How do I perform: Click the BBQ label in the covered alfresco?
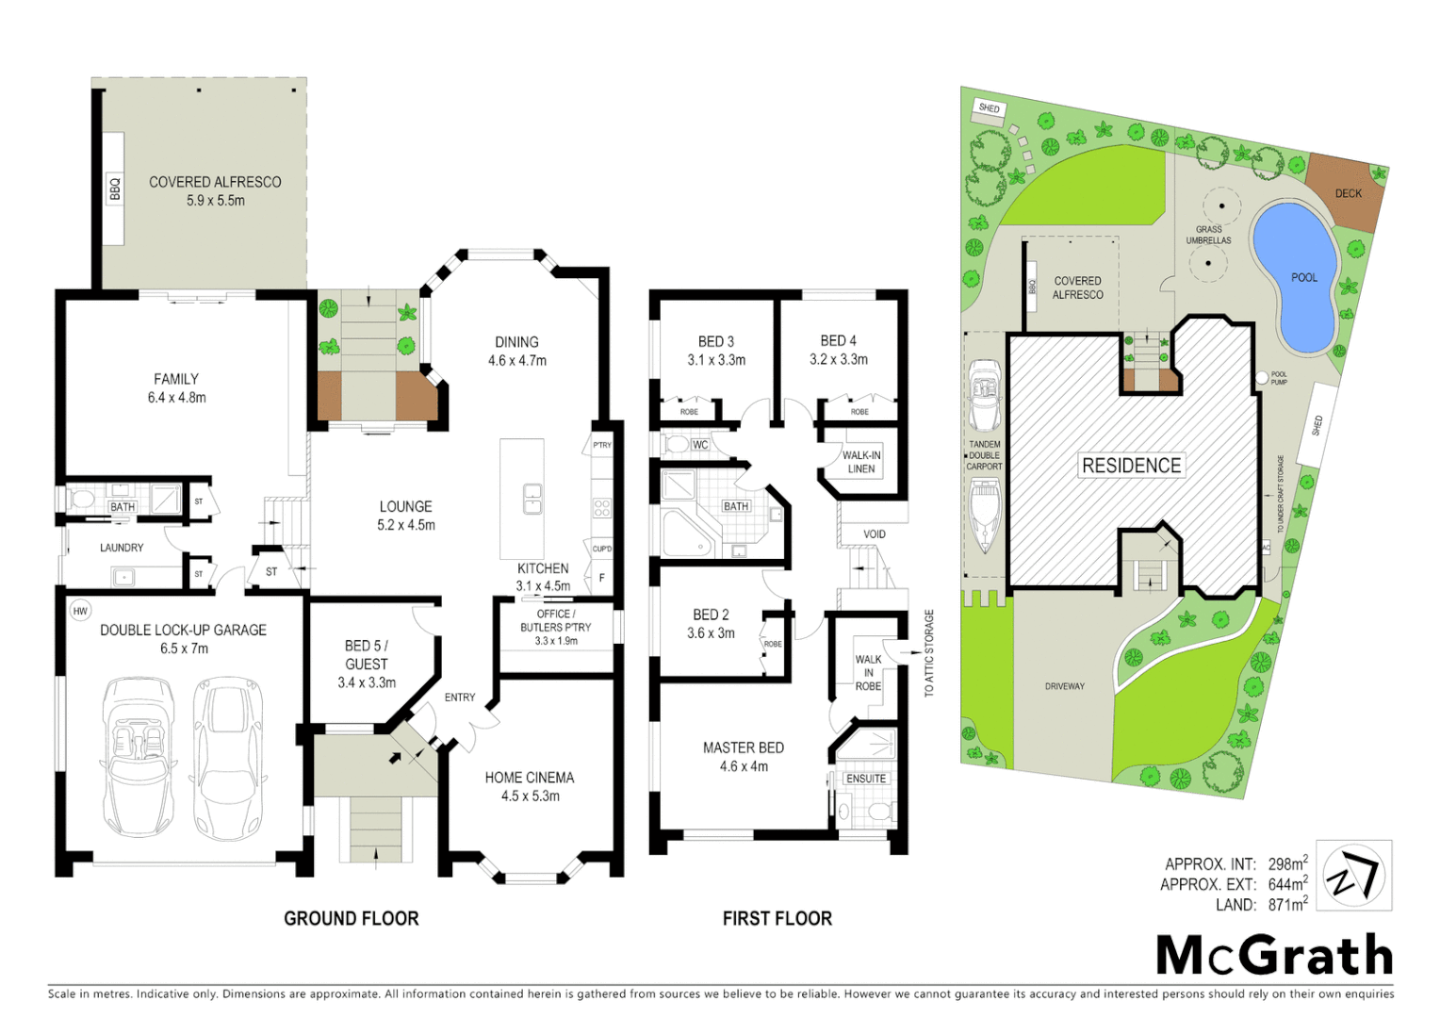click(x=115, y=189)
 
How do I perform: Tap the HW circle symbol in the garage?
click(x=80, y=611)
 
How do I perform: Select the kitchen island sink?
click(x=532, y=498)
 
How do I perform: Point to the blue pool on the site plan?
click(x=1297, y=273)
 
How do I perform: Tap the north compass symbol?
click(x=1353, y=875)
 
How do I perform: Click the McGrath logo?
click(x=1274, y=956)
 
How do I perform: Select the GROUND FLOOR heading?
click(x=351, y=918)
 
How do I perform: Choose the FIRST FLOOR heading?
click(x=777, y=918)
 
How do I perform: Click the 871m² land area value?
click(x=1287, y=905)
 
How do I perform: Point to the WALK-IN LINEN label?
click(x=861, y=462)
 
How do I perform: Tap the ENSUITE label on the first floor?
click(x=865, y=779)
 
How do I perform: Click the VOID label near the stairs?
click(x=875, y=534)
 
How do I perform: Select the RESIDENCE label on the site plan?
click(x=1131, y=466)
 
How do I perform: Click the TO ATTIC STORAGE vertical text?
click(x=929, y=652)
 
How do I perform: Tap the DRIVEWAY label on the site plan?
click(x=1064, y=686)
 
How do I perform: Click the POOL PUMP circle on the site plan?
click(x=1262, y=378)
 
